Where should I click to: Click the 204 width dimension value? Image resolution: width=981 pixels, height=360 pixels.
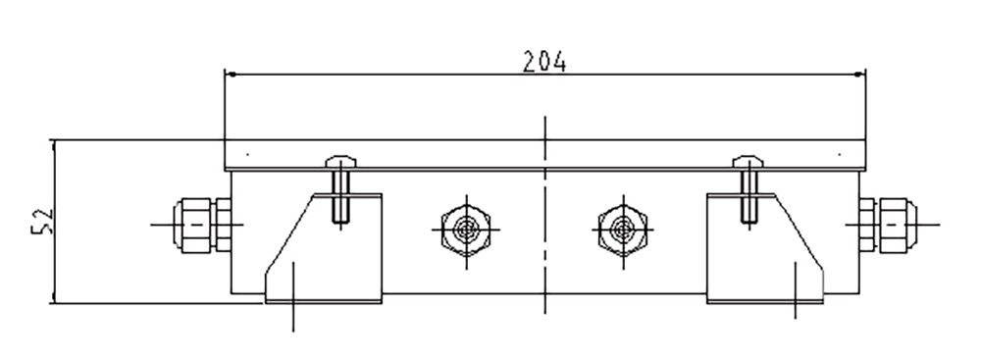click(x=544, y=62)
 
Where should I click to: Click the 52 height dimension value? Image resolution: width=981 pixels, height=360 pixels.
click(x=43, y=221)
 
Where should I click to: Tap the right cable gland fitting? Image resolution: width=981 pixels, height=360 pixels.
click(x=898, y=225)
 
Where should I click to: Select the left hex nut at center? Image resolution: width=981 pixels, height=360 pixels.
click(x=466, y=229)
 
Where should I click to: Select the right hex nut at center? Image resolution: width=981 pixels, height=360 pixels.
click(x=623, y=229)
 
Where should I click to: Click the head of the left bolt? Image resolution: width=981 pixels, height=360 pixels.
click(x=341, y=162)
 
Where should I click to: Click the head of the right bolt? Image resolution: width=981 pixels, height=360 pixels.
click(x=749, y=162)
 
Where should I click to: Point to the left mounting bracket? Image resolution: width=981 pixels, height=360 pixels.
click(x=324, y=248)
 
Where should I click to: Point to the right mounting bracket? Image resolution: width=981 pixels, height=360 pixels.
click(x=765, y=248)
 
